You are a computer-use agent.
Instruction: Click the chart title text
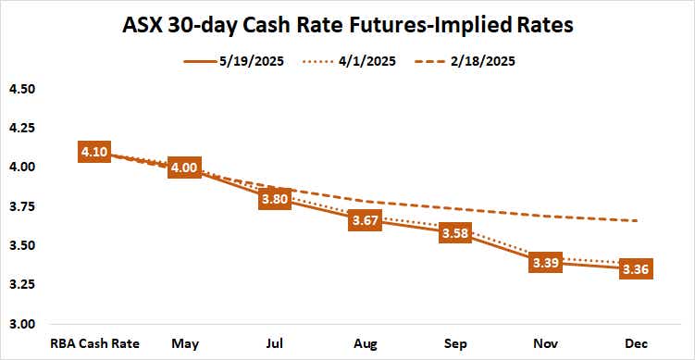(x=348, y=25)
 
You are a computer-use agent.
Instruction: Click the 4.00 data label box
(x=185, y=168)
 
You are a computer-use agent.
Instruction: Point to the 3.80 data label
(x=275, y=197)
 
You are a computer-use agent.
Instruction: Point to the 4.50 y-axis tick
(x=22, y=89)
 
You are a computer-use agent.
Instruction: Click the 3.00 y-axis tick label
(x=22, y=324)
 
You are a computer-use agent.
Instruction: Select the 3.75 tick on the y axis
(x=22, y=206)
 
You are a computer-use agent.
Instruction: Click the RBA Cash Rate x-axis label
(x=95, y=343)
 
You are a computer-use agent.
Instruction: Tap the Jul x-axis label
(x=275, y=343)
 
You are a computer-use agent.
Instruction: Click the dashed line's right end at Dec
(x=637, y=220)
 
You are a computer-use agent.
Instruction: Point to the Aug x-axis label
(x=365, y=343)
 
